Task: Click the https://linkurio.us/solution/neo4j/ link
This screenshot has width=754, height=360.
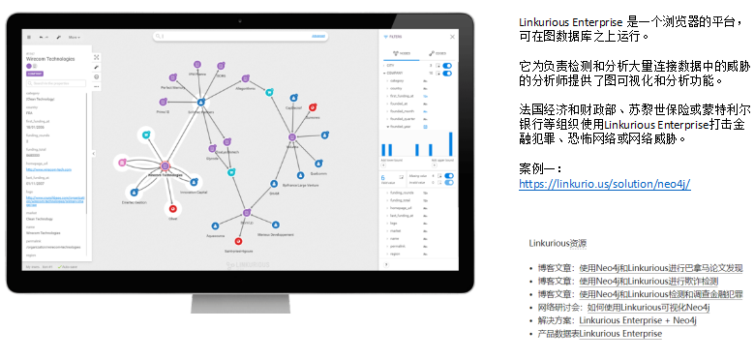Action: (604, 184)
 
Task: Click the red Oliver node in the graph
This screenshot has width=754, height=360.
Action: (173, 209)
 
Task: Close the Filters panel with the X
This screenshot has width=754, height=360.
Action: (454, 37)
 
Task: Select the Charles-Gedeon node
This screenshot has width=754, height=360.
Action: (132, 196)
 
